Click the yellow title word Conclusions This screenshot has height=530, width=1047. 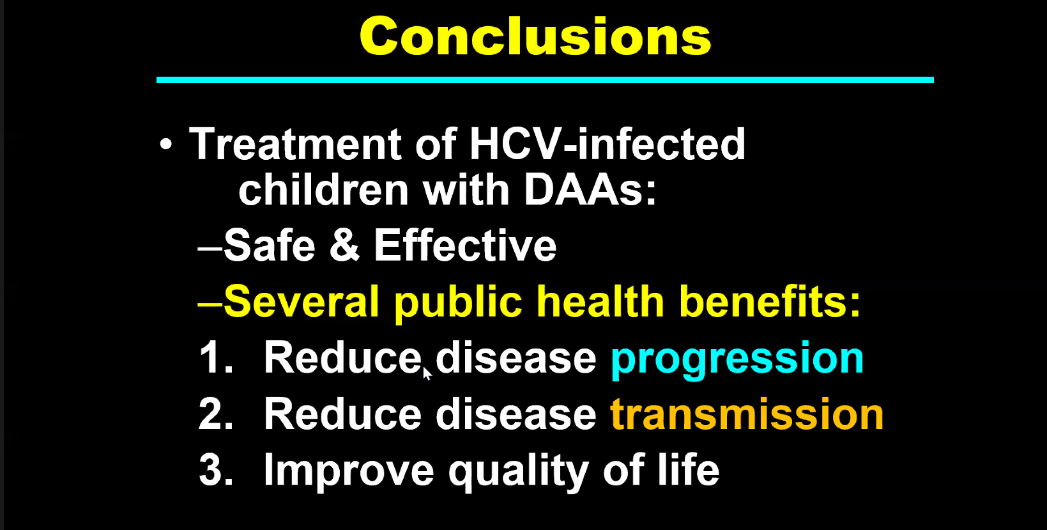[535, 36]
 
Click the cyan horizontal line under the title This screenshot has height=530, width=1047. [545, 80]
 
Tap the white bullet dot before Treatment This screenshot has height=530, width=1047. [166, 144]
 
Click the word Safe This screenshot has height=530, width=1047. [270, 245]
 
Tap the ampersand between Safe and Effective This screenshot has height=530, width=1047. [344, 245]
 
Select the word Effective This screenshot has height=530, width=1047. [465, 245]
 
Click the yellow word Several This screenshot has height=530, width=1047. [301, 302]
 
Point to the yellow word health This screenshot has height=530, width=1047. [600, 302]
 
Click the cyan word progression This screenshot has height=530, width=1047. [738, 359]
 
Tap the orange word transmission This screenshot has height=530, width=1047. [747, 414]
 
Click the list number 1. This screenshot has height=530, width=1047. [216, 358]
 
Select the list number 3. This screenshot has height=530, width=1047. [216, 470]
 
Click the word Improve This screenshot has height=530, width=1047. [349, 471]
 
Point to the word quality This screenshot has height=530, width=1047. [519, 471]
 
